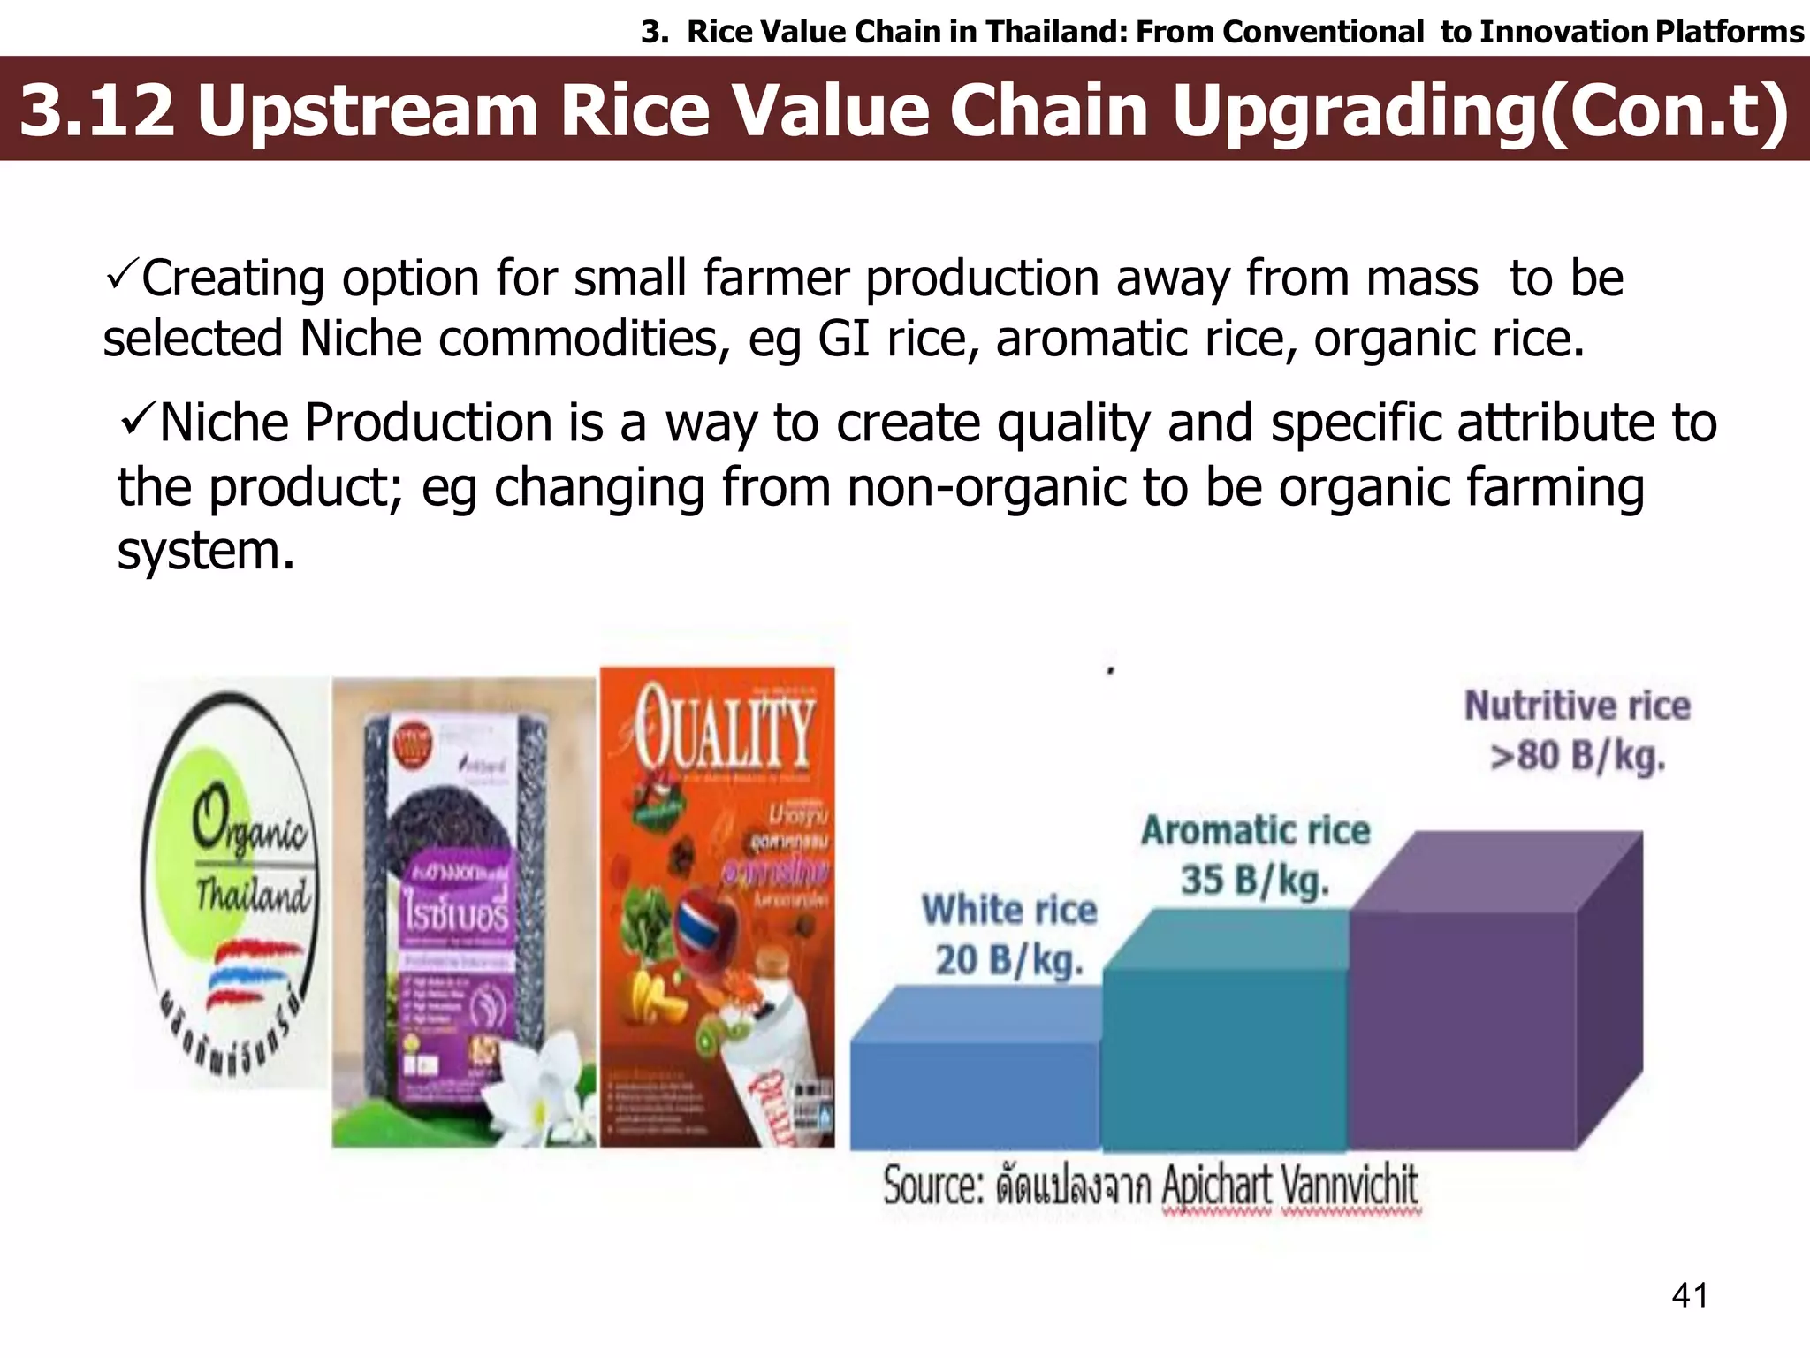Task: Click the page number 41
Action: (1690, 1296)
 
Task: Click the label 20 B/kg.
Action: (1009, 960)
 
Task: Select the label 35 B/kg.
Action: (1255, 881)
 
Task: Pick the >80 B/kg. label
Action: (1578, 757)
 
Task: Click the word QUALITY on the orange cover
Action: (723, 727)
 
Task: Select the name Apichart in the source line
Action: (1215, 1185)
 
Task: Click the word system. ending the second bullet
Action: (205, 552)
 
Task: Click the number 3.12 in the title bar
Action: (97, 111)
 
